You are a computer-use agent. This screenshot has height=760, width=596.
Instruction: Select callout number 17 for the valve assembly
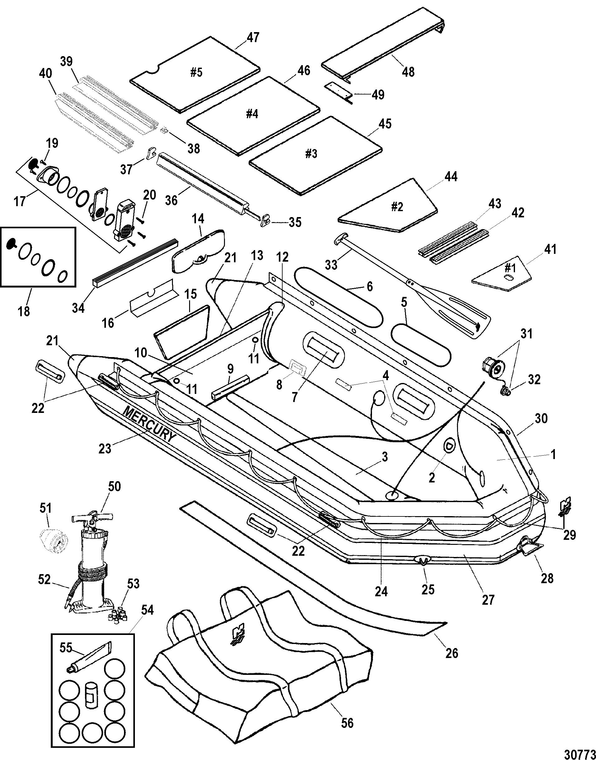click(x=20, y=201)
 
